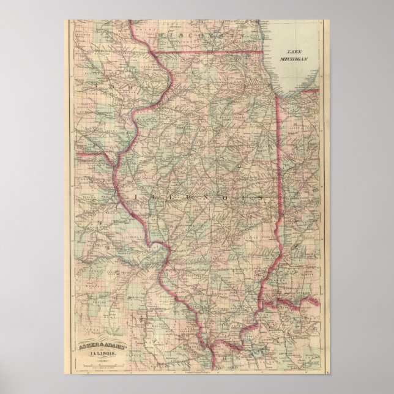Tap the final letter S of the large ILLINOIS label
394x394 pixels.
[x=262, y=198]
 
